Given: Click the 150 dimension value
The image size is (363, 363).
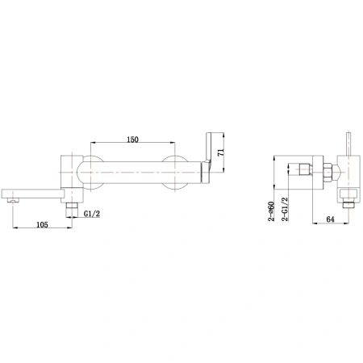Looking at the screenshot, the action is coord(132,140).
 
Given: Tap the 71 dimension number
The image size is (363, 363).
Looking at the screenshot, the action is coord(221,152).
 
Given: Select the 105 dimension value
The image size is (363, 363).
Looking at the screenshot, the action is coord(42,224).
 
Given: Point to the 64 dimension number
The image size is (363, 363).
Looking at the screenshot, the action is coord(330,219).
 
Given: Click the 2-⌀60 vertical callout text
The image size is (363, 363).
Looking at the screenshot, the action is coord(271,211).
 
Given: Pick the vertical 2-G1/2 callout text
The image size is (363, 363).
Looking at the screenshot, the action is coord(285,209).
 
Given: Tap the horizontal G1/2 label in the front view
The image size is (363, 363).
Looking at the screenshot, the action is coord(92,214).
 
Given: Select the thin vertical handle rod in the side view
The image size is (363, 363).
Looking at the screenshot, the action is coord(348,144).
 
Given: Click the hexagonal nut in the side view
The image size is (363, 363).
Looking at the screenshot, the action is coord(328,173).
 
